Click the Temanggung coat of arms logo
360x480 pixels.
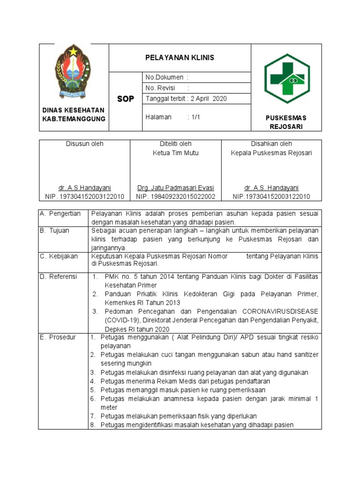74,70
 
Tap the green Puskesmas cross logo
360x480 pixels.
286,78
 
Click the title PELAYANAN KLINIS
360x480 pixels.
180,58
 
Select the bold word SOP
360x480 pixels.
125,99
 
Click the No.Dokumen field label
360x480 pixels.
165,77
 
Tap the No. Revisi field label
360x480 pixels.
160,88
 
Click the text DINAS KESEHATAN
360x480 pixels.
74,110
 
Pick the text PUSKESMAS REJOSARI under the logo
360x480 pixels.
286,122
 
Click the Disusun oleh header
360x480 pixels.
84,144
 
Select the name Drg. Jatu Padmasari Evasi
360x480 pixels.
176,187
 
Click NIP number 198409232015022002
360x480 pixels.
176,196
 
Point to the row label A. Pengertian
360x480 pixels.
60,214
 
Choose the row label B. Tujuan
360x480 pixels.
55,231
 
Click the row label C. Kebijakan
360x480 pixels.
59,256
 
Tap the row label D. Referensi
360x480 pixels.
59,277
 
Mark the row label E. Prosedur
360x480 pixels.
58,337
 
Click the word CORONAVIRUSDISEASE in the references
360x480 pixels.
280,311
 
